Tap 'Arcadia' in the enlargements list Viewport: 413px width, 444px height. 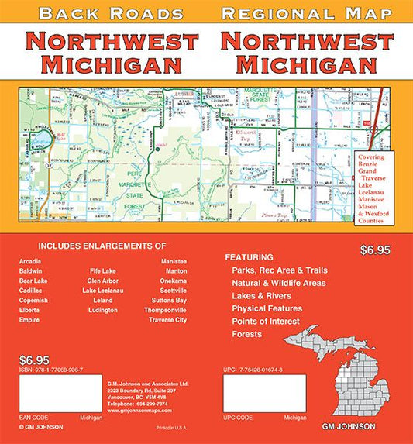coord(31,261)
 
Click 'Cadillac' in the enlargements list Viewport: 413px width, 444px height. coord(32,291)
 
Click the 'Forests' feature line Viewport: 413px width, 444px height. coord(248,334)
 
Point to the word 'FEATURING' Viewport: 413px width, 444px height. coord(249,256)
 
